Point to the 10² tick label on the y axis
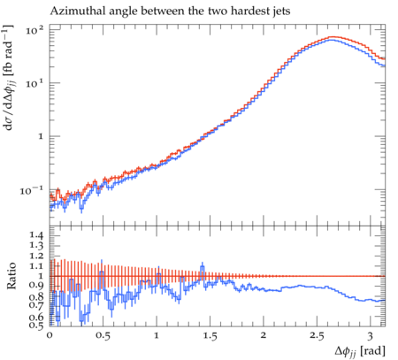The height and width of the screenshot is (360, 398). tap(34, 30)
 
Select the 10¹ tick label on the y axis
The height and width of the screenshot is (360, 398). tap(34, 83)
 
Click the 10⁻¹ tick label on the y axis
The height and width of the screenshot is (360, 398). tap(31, 190)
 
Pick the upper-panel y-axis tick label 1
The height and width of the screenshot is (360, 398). tap(41, 136)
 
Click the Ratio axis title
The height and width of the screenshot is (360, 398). tap(11, 275)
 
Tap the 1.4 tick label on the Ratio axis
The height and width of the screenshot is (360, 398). tap(36, 235)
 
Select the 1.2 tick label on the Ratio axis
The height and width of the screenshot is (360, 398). tap(36, 256)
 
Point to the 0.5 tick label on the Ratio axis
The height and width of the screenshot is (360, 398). tap(36, 325)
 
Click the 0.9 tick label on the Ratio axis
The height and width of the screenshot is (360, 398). tap(36, 285)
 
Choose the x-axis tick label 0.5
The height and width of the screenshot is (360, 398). tap(103, 335)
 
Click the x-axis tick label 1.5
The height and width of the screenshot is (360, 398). tap(210, 335)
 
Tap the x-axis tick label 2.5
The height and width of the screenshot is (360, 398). tap(317, 335)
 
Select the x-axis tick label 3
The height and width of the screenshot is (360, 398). tap(371, 335)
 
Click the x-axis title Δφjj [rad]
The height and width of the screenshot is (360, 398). tap(360, 351)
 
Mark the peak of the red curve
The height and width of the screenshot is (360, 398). tap(333, 37)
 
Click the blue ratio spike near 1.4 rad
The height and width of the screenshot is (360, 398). tap(203, 268)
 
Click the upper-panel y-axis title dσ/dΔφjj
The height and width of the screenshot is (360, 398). tap(10, 78)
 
